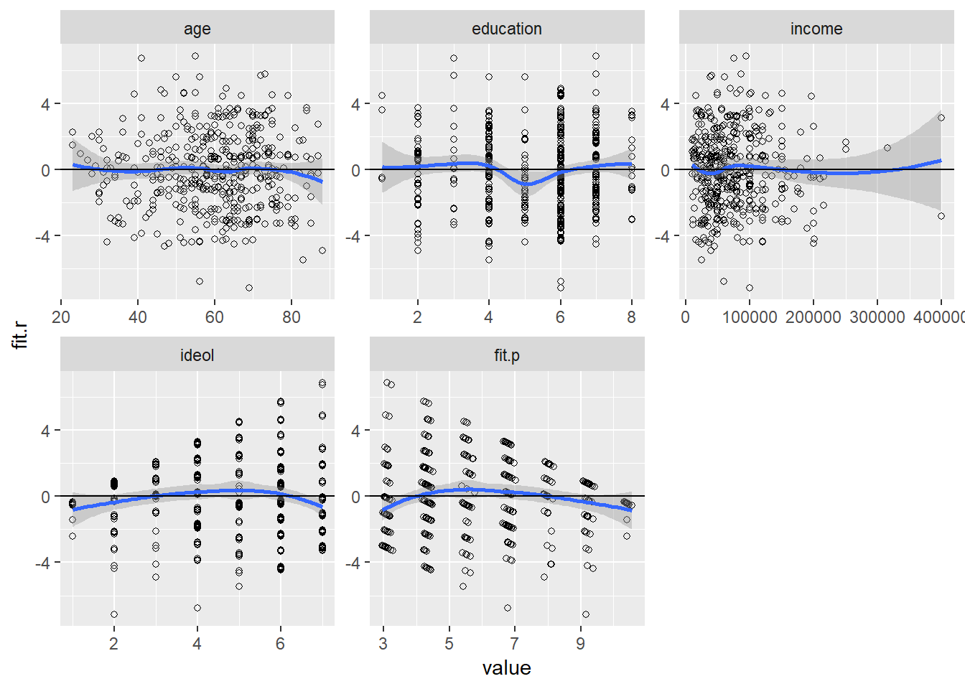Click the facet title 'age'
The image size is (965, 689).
click(197, 29)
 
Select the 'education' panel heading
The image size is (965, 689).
click(506, 29)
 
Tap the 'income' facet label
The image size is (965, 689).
click(816, 29)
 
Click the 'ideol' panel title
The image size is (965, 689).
click(197, 355)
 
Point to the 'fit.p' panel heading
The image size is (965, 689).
click(506, 355)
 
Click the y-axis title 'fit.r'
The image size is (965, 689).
click(21, 335)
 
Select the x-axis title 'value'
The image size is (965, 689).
click(506, 668)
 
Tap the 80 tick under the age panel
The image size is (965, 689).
click(291, 317)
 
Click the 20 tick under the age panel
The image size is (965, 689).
click(61, 317)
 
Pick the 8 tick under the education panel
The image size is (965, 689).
click(631, 317)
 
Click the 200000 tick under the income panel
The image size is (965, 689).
click(813, 317)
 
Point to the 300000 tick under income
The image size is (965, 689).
click(877, 317)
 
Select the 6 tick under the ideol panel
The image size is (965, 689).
click(280, 644)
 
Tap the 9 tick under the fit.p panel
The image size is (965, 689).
click(580, 644)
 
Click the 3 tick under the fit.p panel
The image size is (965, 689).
click(383, 644)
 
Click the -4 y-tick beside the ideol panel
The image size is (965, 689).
click(44, 563)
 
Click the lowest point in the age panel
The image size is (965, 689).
click(249, 288)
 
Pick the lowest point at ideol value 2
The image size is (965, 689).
click(114, 614)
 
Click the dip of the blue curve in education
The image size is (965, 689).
click(526, 184)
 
